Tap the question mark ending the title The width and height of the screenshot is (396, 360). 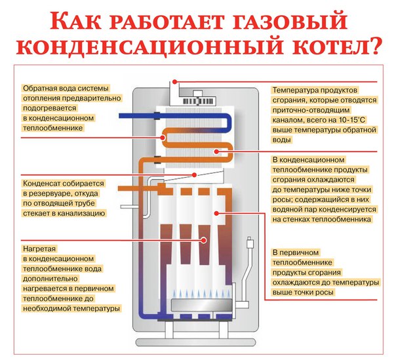[373, 45]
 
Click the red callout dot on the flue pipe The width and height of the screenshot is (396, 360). [174, 81]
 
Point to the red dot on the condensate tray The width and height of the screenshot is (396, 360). [194, 175]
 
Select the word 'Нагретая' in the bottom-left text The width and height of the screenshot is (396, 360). [39, 249]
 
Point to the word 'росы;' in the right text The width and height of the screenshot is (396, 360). [283, 200]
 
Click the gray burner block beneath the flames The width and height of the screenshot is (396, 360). [201, 305]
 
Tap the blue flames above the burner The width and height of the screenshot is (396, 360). [201, 294]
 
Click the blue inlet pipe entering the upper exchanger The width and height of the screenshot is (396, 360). [136, 115]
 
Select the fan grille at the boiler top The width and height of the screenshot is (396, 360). [199, 101]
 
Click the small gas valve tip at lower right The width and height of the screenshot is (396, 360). [249, 242]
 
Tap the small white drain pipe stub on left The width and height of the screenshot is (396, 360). [129, 207]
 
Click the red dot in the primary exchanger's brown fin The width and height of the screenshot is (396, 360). [204, 240]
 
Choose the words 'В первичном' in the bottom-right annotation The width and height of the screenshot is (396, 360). [296, 252]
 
